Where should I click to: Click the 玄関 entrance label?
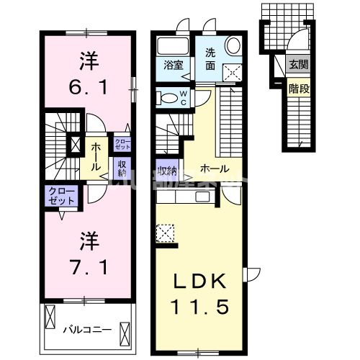pos(297,63)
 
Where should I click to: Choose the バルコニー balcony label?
pos(86,329)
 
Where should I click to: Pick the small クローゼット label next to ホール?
pos(121,143)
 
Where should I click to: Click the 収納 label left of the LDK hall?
pos(167,171)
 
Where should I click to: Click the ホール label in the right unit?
pos(214,169)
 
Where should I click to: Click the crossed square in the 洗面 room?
pos(233,72)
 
